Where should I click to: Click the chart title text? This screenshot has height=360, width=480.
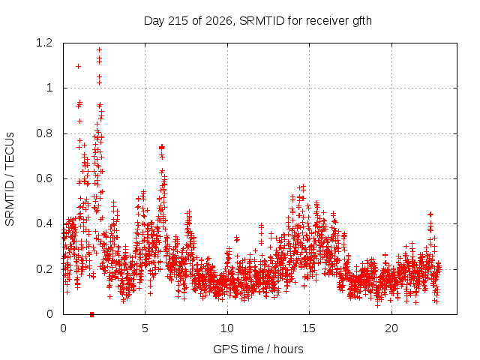(x=258, y=21)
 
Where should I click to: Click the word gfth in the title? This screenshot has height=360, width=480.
(x=362, y=21)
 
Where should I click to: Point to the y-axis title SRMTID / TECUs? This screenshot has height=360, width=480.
(x=10, y=179)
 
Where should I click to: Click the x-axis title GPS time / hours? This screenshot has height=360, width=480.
(x=258, y=349)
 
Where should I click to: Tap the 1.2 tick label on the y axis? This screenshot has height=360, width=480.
(x=44, y=43)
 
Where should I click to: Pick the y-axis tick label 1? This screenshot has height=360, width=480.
(x=49, y=88)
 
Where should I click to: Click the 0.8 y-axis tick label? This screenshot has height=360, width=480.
(x=44, y=133)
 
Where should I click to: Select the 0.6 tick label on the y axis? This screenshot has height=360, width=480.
(x=44, y=178)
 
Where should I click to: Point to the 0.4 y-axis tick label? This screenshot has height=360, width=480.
(x=44, y=223)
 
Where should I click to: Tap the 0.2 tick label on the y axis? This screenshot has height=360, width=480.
(x=44, y=269)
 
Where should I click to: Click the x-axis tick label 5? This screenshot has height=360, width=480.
(x=145, y=328)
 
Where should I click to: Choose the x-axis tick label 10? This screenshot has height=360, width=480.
(x=227, y=328)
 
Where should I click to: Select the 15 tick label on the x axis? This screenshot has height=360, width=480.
(x=309, y=328)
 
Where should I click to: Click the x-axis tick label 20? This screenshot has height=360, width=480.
(x=391, y=328)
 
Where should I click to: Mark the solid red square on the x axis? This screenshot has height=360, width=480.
(x=91, y=314)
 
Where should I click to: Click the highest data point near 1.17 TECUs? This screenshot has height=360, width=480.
(x=99, y=50)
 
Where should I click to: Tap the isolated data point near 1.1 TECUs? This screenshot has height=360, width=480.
(x=78, y=67)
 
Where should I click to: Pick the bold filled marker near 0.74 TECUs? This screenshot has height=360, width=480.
(x=162, y=148)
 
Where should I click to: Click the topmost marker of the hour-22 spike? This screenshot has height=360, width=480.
(x=430, y=214)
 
